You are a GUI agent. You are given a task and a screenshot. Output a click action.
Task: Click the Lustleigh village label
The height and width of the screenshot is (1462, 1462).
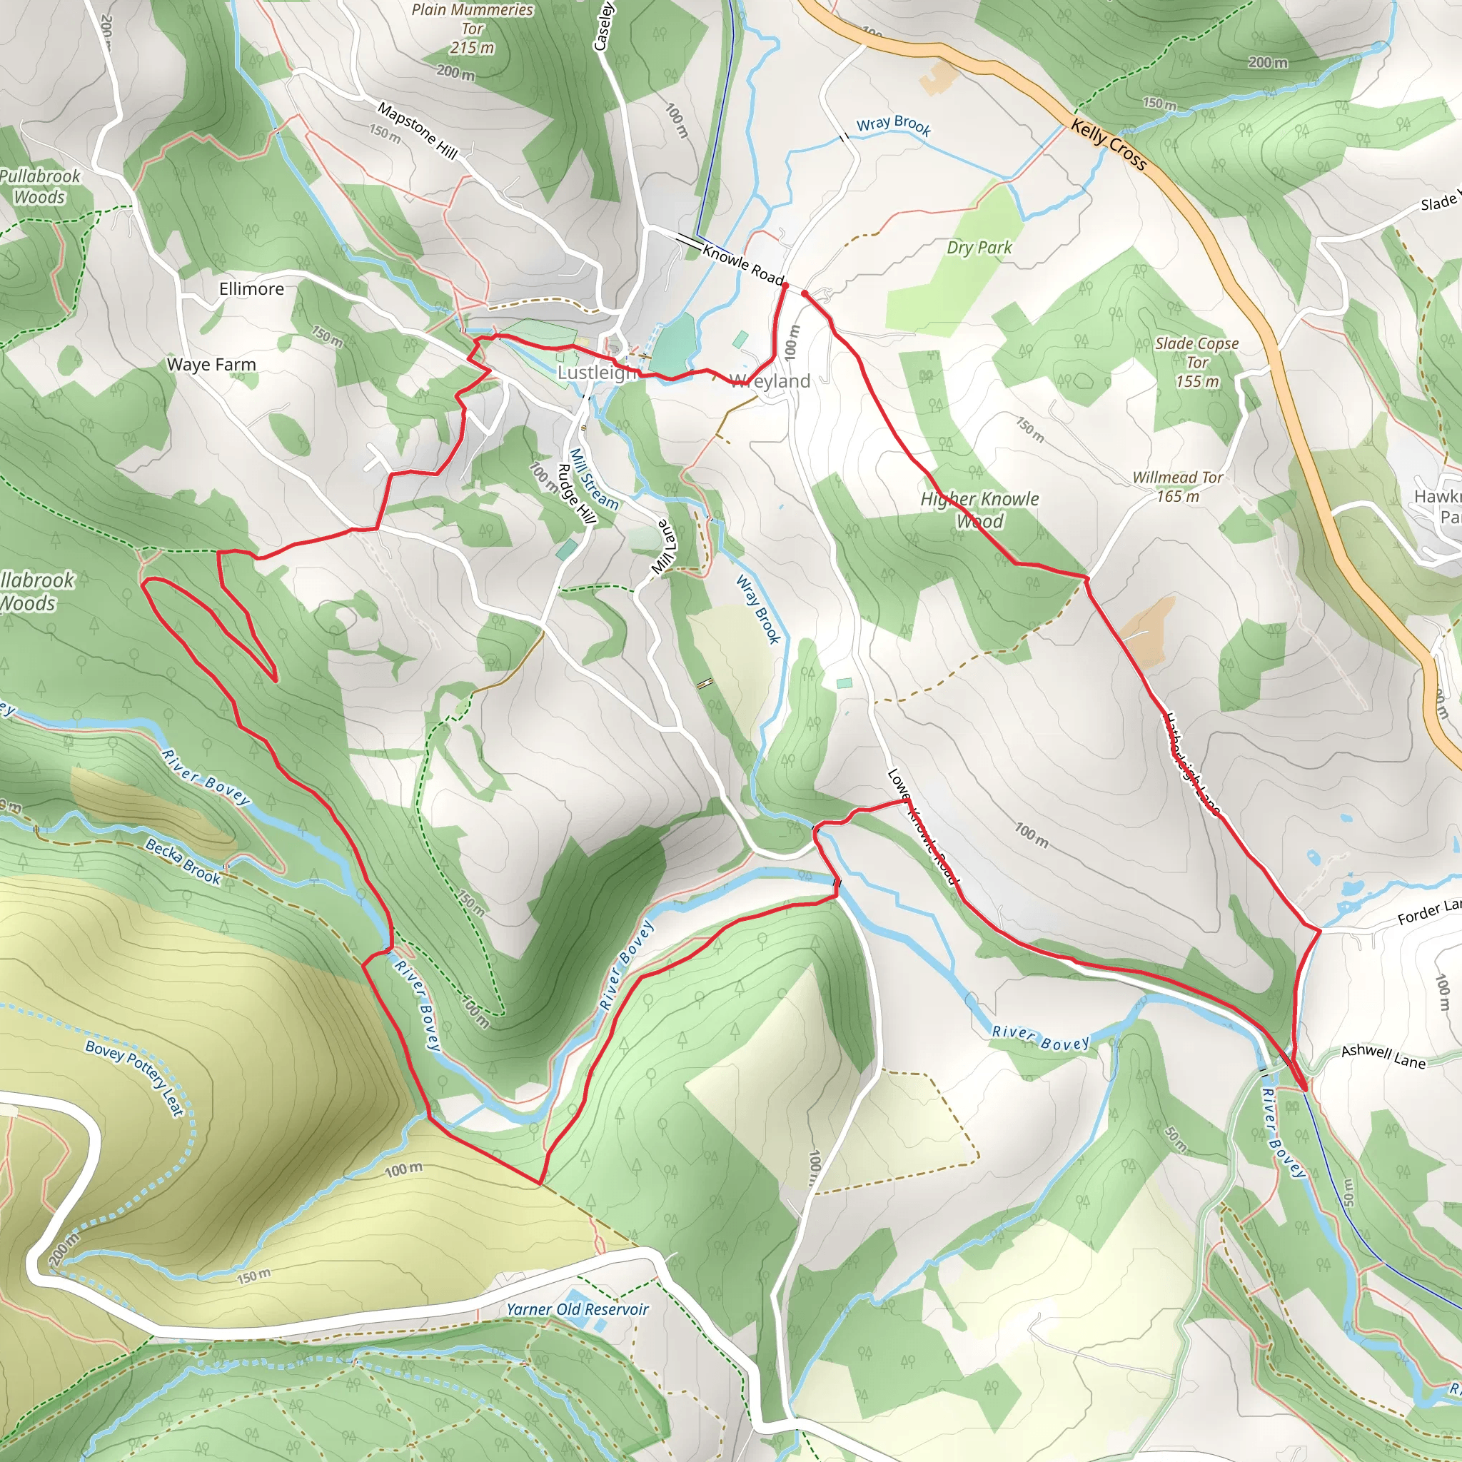tap(596, 373)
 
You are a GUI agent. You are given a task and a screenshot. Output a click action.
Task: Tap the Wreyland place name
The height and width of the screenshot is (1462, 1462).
tap(770, 381)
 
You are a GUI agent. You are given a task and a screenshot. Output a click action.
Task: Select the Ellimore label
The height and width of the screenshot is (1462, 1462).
tap(251, 289)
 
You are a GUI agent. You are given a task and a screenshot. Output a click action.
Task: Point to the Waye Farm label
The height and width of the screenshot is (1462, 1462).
tap(211, 365)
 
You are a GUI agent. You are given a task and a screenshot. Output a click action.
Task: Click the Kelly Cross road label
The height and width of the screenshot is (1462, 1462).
tap(1109, 144)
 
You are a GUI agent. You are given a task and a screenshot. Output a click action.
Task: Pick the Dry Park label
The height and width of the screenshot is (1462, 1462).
tap(979, 248)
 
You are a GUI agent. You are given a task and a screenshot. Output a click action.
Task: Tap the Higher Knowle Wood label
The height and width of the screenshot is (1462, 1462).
tap(980, 510)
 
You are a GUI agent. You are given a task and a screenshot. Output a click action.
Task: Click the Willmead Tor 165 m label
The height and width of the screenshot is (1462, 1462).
tap(1177, 487)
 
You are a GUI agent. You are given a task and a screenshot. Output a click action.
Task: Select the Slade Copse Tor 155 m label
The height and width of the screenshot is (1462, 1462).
tap(1196, 362)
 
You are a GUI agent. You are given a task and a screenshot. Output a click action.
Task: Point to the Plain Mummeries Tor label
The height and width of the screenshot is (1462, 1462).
tap(472, 29)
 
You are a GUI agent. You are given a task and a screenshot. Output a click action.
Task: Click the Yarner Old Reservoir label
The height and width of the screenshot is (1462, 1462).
tap(578, 1309)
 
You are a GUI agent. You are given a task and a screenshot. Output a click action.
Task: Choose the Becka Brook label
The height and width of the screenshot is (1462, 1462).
tap(183, 861)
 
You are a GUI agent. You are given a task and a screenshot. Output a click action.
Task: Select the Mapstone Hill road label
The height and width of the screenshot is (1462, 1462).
tap(418, 131)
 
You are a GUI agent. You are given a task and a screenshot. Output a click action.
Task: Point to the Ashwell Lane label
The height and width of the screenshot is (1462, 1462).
tap(1383, 1057)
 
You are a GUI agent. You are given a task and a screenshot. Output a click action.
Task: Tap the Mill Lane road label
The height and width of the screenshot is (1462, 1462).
tap(664, 547)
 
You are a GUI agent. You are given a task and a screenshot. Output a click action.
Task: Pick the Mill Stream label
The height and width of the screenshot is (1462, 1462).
tap(594, 479)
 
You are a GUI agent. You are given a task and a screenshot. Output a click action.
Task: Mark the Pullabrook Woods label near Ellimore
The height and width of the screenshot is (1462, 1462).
tap(39, 186)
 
